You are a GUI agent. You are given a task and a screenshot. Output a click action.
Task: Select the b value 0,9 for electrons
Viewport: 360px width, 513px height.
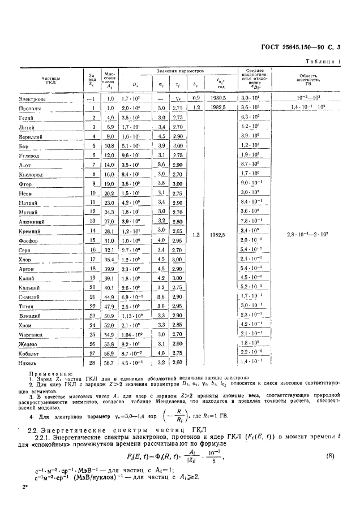(196, 98)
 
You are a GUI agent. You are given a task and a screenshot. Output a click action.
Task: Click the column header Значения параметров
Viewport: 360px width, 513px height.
(180, 71)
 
